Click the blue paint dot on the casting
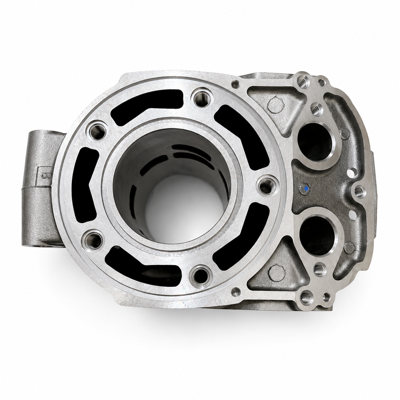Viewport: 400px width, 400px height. coord(306,189)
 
